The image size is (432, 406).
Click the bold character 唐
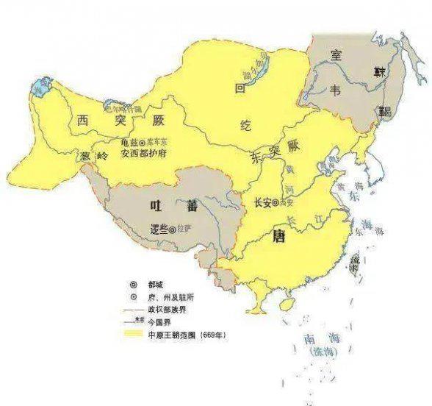[x=280, y=237]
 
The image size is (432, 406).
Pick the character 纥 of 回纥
[x=245, y=126]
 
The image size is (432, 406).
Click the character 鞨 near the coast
[x=384, y=112]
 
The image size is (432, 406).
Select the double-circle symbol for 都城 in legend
[x=134, y=283]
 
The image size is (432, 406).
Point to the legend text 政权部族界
[x=175, y=310]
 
